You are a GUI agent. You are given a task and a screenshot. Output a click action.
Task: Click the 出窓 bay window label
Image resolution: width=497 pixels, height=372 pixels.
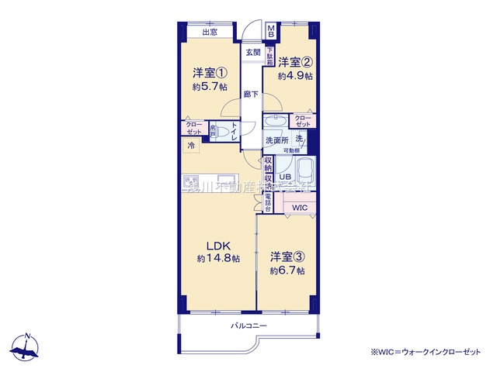(x=209, y=33)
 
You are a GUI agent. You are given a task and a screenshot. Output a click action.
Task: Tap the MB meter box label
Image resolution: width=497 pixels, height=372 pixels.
(x=271, y=31)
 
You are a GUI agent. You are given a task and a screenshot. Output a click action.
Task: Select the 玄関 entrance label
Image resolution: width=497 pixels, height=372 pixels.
(x=253, y=53)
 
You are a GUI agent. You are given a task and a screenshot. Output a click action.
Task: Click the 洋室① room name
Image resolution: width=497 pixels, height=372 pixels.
(x=210, y=74)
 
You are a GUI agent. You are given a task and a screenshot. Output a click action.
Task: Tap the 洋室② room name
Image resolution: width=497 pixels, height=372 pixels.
(x=296, y=62)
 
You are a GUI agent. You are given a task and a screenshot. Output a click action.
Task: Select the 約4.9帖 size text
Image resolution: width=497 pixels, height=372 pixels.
(x=296, y=76)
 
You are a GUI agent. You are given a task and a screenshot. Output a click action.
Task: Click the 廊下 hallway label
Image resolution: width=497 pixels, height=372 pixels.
(x=251, y=95)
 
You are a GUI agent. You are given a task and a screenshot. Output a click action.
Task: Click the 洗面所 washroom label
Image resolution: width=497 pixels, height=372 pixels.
(x=276, y=140)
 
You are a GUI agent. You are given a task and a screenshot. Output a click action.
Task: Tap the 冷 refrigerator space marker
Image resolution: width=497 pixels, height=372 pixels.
(x=191, y=145)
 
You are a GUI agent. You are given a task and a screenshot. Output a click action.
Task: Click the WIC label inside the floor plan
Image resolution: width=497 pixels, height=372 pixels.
(x=299, y=208)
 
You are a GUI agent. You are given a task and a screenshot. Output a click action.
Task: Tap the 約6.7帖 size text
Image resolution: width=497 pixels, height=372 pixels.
(x=287, y=270)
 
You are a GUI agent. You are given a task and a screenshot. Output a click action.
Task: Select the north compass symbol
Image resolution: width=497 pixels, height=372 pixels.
(x=28, y=347)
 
